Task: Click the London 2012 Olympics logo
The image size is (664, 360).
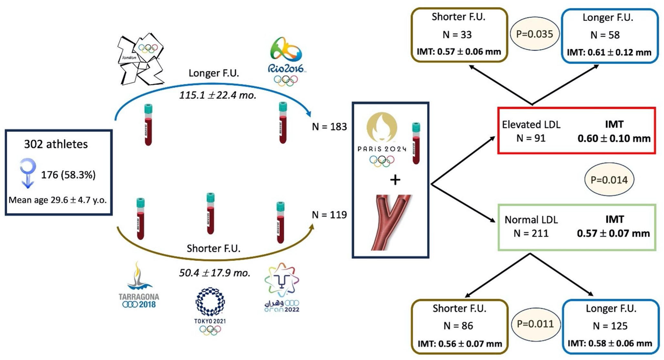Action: (x=140, y=59)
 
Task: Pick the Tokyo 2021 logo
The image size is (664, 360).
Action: (x=210, y=311)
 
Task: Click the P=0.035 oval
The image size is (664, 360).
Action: (x=534, y=34)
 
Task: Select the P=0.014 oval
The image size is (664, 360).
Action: (x=609, y=180)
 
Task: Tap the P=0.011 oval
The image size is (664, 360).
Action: (x=535, y=324)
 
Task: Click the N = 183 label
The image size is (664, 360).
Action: (x=329, y=127)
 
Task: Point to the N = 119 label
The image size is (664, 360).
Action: (x=329, y=215)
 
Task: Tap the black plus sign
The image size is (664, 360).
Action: (x=395, y=180)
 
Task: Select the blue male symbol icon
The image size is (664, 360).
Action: (x=28, y=173)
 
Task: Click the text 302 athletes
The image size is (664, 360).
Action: (x=56, y=144)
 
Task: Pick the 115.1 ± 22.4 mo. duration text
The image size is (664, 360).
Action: (x=218, y=95)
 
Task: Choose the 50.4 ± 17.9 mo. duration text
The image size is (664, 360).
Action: (x=215, y=273)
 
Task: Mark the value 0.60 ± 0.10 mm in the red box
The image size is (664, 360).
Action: (x=614, y=139)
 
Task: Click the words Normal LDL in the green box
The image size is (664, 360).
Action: (x=531, y=220)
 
